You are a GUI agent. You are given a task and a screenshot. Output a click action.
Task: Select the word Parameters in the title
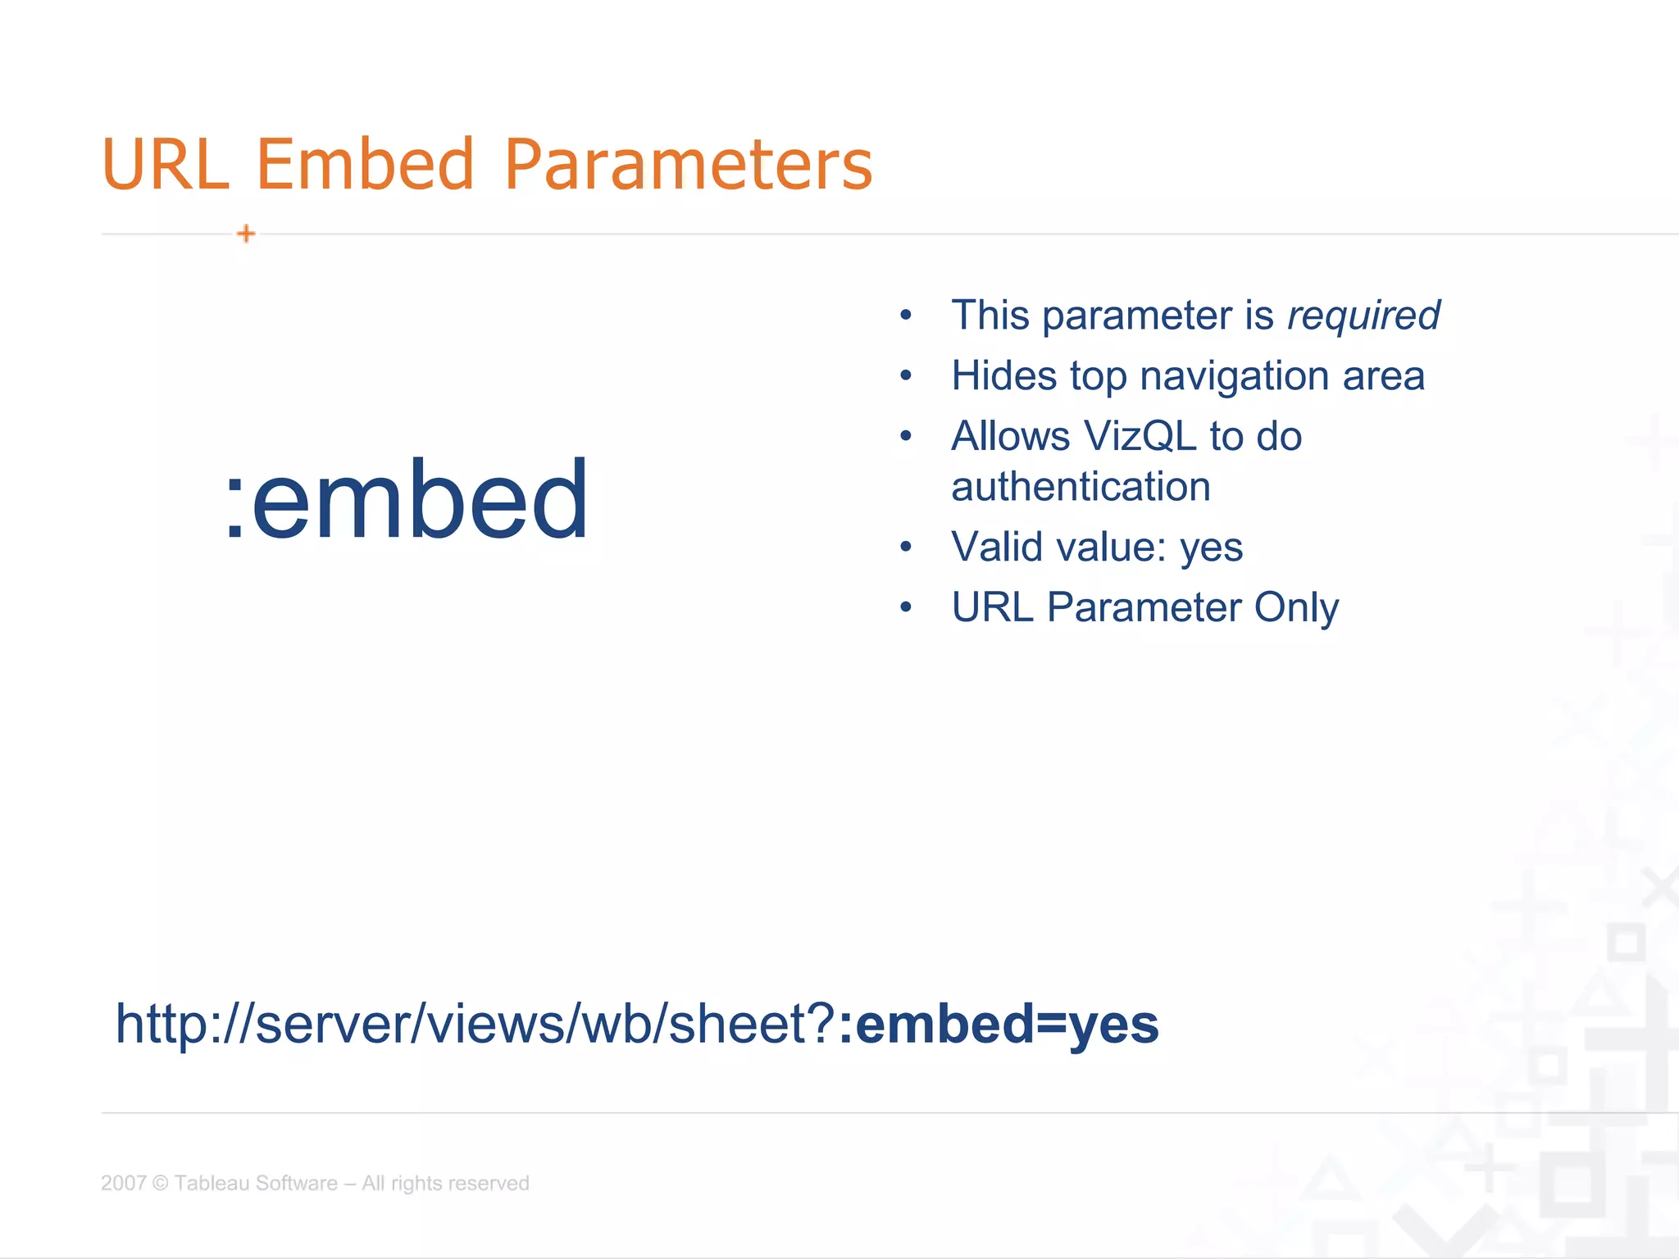pyautogui.click(x=689, y=166)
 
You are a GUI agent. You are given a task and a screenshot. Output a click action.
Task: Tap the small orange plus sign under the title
pyautogui.click(x=246, y=234)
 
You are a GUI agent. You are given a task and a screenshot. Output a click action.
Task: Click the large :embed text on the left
pyautogui.click(x=407, y=500)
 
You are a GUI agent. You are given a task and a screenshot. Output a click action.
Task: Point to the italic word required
pyautogui.click(x=1363, y=316)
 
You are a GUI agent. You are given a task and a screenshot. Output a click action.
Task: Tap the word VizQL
pyautogui.click(x=1140, y=436)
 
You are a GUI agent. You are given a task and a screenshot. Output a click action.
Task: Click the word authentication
pyautogui.click(x=1081, y=487)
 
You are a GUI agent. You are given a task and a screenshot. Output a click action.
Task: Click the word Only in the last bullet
pyautogui.click(x=1296, y=608)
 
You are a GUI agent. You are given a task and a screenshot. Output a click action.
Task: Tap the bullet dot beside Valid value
pyautogui.click(x=906, y=548)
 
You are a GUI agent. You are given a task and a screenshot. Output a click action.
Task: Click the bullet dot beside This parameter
pyautogui.click(x=906, y=316)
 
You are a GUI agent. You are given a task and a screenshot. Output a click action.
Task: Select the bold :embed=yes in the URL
pyautogui.click(x=999, y=1025)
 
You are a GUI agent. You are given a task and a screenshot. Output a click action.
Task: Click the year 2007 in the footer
pyautogui.click(x=123, y=1184)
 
